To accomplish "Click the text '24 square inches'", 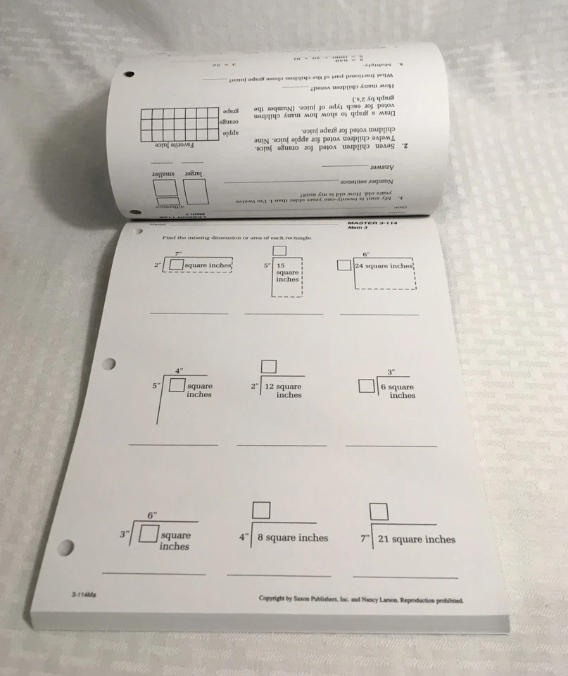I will [384, 266].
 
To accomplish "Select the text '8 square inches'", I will [293, 538].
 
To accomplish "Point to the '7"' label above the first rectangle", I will [179, 254].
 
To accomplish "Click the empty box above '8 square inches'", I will [262, 510].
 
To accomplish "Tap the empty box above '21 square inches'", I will [379, 511].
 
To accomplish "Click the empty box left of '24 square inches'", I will [343, 265].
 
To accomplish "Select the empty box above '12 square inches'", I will [269, 367].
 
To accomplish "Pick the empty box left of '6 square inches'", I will [365, 386].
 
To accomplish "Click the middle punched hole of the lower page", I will [108, 364].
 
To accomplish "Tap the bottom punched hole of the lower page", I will [67, 546].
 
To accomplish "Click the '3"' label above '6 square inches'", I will [391, 373].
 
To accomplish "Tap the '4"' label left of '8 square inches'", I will [244, 538].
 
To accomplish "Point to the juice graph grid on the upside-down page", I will [179, 124].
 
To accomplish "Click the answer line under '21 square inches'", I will [404, 577].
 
